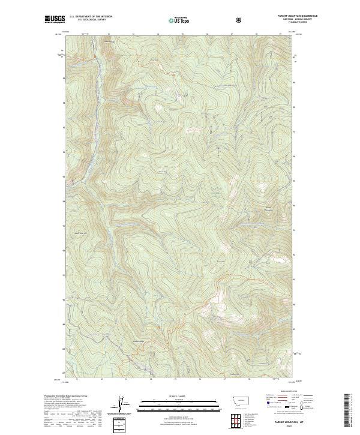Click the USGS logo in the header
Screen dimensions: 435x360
[x=55, y=20]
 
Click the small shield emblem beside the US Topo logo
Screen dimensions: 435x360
[x=205, y=20]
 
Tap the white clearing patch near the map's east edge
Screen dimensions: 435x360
[x=280, y=260]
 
